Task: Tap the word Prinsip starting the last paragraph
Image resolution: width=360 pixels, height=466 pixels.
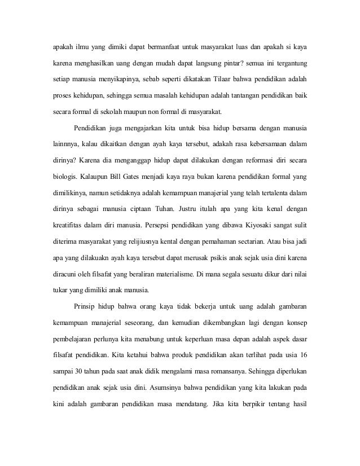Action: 87,307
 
